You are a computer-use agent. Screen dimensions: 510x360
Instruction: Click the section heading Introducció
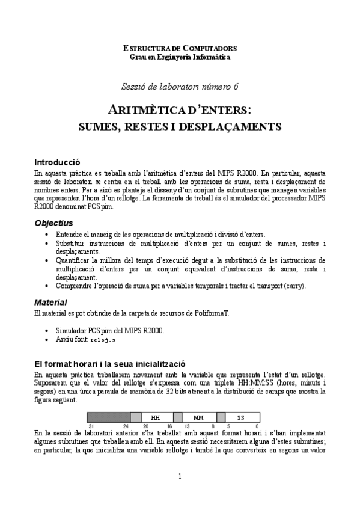(57, 162)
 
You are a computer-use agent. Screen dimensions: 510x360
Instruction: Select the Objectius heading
(53, 223)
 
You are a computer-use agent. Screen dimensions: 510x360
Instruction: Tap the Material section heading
(50, 301)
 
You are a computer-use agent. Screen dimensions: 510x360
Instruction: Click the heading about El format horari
(110, 364)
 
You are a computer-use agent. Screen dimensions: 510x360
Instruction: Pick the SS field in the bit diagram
(240, 417)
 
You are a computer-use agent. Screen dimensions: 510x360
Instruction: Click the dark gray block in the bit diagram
(109, 417)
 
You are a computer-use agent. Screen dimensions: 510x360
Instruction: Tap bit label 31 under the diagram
(90, 425)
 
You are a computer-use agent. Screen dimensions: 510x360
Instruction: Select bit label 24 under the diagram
(126, 425)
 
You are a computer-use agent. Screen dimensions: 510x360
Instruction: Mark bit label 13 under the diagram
(187, 425)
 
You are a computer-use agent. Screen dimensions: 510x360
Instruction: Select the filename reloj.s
(103, 340)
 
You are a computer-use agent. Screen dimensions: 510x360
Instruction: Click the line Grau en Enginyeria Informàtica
(180, 57)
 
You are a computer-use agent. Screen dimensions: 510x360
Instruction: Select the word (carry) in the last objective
(291, 286)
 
